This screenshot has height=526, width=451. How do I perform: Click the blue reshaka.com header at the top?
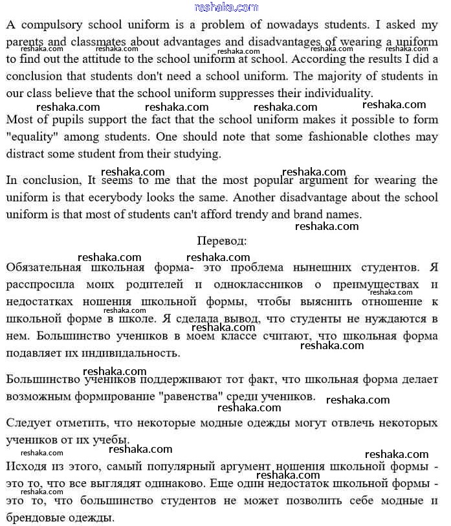click(226, 7)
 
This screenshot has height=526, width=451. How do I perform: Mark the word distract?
click(31, 154)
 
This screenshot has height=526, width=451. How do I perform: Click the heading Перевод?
click(221, 240)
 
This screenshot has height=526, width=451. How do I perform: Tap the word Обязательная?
click(43, 267)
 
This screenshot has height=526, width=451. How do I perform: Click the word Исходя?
click(27, 466)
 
